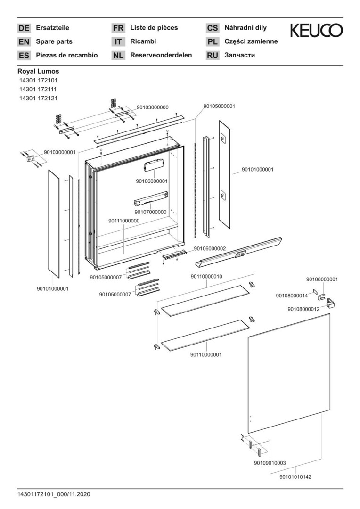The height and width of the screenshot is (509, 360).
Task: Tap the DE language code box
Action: [x=24, y=28]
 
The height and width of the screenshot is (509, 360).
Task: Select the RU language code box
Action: [x=213, y=56]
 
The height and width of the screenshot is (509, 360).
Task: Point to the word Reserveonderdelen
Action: [x=161, y=55]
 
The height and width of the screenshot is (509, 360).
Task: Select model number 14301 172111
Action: [x=38, y=89]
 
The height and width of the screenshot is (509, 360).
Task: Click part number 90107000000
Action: [x=150, y=212]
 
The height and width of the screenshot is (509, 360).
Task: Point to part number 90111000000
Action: [x=124, y=221]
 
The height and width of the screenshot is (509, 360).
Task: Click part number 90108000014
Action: [x=292, y=296]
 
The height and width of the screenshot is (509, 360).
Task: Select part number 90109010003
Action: [x=270, y=463]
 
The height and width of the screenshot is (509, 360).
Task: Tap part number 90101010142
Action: [x=295, y=476]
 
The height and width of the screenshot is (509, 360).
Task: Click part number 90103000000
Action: [x=153, y=107]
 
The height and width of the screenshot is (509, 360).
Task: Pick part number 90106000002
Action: [x=210, y=248]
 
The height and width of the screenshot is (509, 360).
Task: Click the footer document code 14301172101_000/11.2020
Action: [x=54, y=494]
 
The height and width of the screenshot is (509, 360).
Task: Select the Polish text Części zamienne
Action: [x=251, y=41]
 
